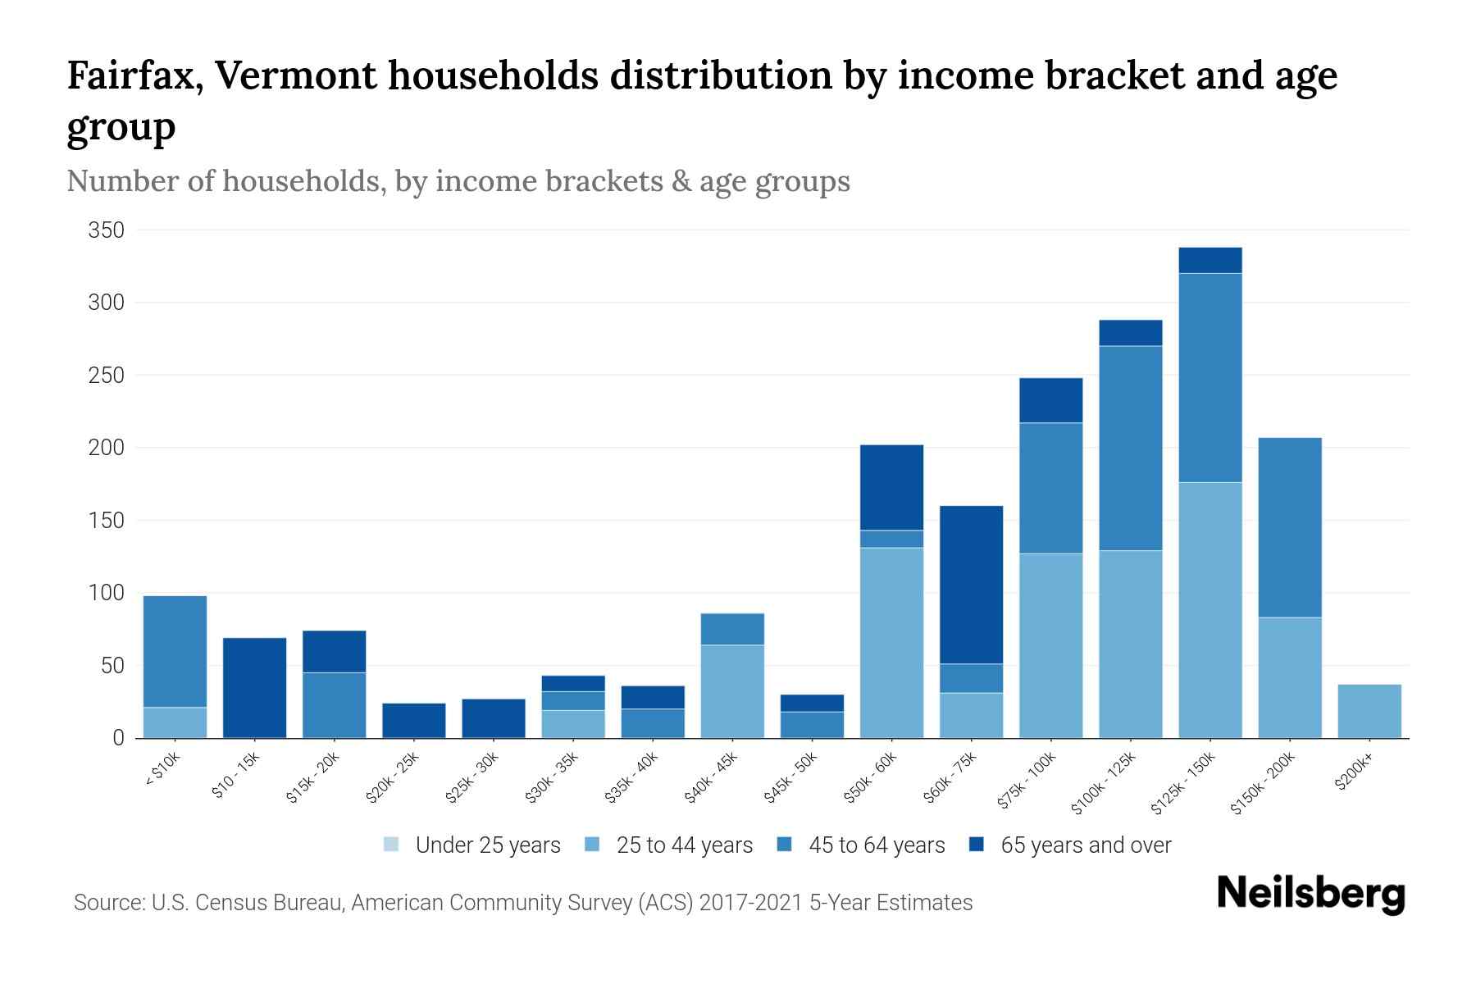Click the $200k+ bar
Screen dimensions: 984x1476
tap(1369, 711)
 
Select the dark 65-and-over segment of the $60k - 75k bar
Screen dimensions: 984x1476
tap(971, 585)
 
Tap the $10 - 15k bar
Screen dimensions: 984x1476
tap(254, 687)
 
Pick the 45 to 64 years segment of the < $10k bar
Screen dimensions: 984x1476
tap(175, 651)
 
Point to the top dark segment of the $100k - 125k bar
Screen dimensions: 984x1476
tap(1131, 333)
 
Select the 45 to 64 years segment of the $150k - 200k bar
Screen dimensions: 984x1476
tap(1290, 527)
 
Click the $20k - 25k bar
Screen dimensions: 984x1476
tap(414, 720)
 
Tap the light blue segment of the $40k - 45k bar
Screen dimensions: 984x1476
tap(732, 690)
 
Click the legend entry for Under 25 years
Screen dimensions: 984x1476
tap(473, 845)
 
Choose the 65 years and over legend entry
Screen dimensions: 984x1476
tap(1071, 845)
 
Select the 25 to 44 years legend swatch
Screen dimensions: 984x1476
tap(593, 845)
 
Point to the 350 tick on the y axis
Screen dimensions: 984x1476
tap(107, 230)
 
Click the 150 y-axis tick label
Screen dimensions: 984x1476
tap(107, 521)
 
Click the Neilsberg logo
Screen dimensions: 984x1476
tap(1310, 894)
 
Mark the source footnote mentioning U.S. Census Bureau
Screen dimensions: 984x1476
tap(523, 903)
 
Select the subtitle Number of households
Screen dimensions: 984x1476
tap(458, 181)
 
